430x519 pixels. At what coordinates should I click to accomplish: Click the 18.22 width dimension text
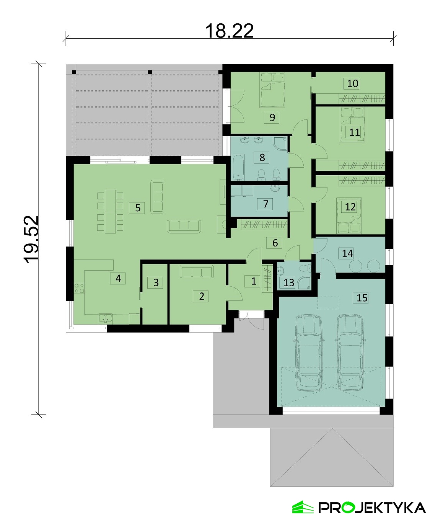click(229, 31)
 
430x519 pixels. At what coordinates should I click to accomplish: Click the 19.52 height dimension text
click(31, 239)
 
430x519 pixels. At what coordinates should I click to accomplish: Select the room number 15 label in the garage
click(362, 297)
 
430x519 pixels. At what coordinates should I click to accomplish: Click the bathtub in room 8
click(238, 168)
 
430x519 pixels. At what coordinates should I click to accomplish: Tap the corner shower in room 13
click(304, 284)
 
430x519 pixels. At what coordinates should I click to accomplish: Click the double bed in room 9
click(272, 90)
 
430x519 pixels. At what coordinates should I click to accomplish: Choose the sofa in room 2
click(197, 271)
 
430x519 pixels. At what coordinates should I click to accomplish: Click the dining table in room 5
click(111, 212)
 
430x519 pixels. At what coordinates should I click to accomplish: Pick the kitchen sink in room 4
click(106, 318)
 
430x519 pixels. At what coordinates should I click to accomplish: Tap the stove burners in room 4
click(79, 288)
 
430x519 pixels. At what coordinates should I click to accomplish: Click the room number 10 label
click(352, 83)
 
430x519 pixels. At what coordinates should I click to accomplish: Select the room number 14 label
click(347, 253)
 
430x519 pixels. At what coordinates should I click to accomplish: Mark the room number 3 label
click(156, 282)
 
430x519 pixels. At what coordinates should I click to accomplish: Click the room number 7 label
click(265, 204)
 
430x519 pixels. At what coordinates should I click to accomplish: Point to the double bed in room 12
click(349, 215)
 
